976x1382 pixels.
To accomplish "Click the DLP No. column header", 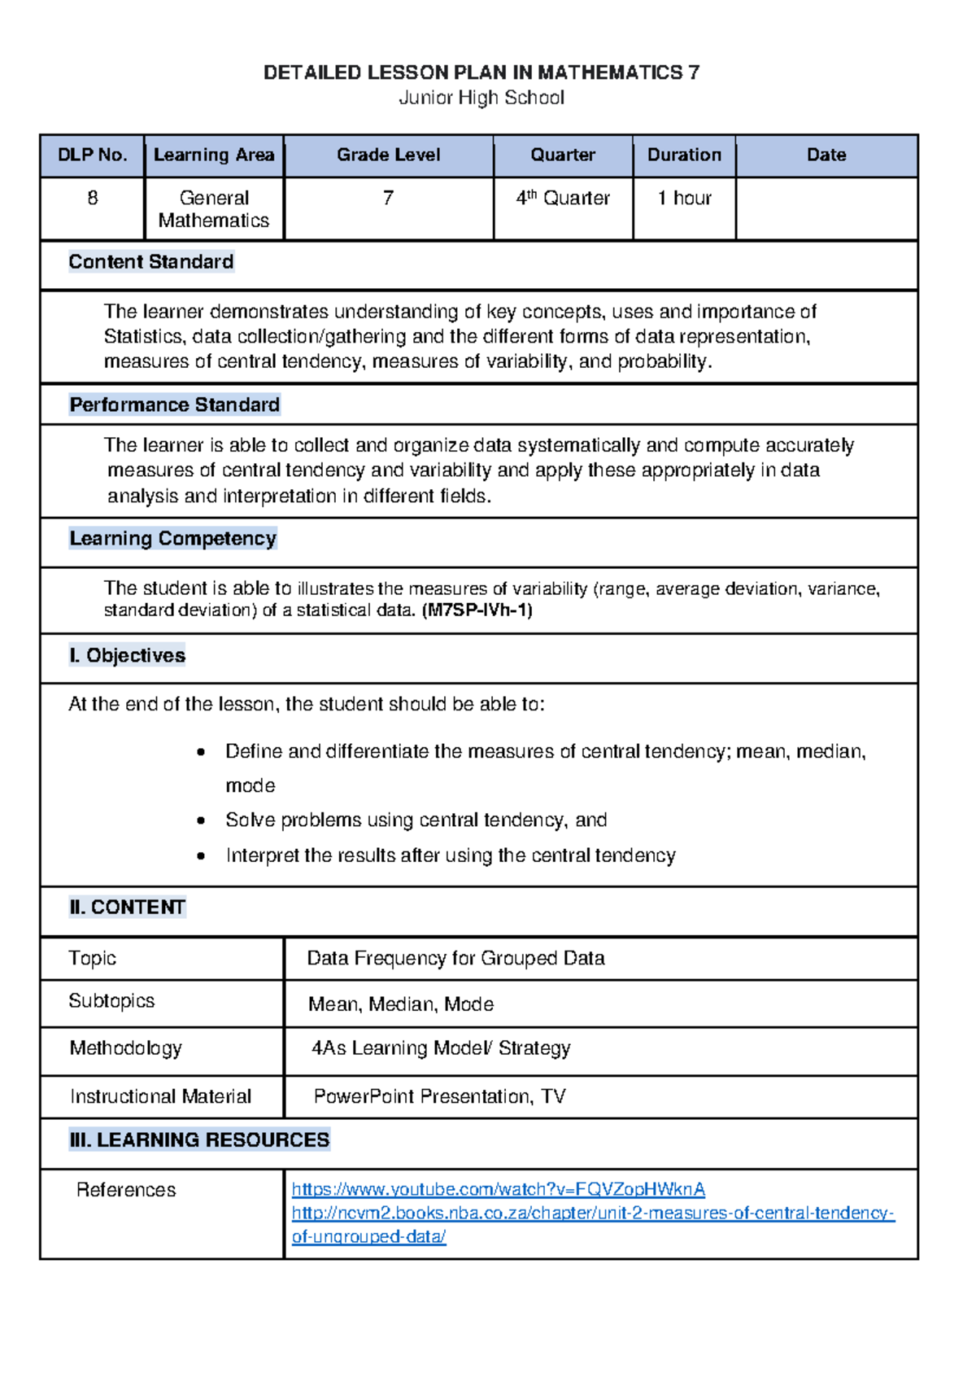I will (x=92, y=155).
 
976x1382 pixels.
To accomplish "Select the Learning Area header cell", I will (x=214, y=155).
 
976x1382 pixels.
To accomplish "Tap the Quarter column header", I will (x=563, y=155).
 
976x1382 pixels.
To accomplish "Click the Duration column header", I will (x=684, y=155).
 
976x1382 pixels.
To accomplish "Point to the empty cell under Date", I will (x=826, y=208).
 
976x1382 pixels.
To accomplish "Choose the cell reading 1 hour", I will (x=684, y=199).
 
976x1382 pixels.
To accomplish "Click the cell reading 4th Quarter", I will (x=563, y=199).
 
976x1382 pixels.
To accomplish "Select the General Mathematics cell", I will (x=214, y=209).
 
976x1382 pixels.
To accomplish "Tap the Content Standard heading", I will (x=151, y=262).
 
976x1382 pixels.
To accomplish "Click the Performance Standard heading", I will (x=175, y=405).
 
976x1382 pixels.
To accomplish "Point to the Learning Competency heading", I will (x=173, y=539).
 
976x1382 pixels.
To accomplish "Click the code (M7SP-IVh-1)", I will (x=477, y=610).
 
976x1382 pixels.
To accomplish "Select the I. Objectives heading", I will (x=128, y=656).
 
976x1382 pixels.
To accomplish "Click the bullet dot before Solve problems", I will (x=201, y=821).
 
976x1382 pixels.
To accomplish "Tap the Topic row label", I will (x=93, y=958).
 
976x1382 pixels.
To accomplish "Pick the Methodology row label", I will (x=126, y=1048).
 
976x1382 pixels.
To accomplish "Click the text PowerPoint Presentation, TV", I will (x=439, y=1096).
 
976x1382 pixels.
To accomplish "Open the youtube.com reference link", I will (x=498, y=1189).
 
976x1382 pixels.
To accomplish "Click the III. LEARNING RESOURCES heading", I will (x=200, y=1140).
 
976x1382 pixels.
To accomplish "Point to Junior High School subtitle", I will (x=481, y=98).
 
